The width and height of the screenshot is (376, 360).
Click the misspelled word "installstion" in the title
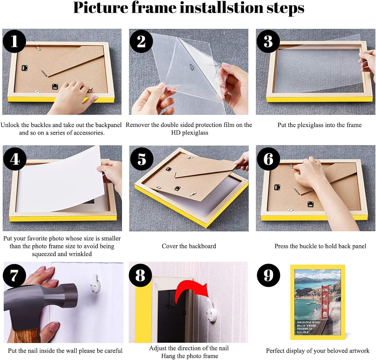tap(222, 8)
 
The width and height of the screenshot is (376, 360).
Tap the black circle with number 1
tap(14, 41)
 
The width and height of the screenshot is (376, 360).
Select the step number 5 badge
tap(141, 159)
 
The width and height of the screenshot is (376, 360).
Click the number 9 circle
tap(268, 275)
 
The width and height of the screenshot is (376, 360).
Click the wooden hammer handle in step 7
tap(27, 336)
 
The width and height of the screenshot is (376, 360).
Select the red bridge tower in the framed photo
tap(325, 302)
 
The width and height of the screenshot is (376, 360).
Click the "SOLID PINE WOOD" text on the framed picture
tap(308, 322)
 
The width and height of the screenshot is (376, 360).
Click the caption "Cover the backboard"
tap(189, 246)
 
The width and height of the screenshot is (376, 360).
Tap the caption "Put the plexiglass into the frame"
tap(319, 125)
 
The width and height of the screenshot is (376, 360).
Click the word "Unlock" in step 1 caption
tap(10, 125)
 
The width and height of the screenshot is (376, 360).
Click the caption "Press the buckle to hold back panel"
tap(320, 246)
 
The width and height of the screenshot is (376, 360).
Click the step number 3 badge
tap(268, 41)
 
